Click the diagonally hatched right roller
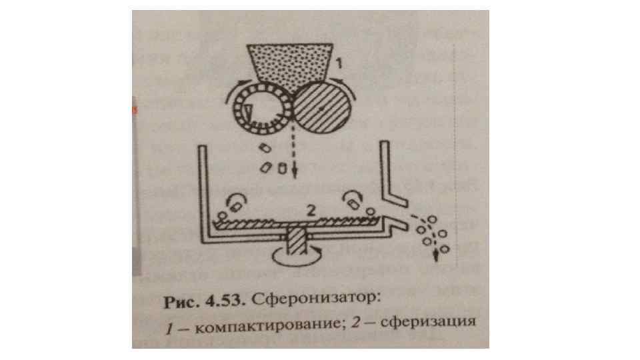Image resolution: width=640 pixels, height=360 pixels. point(322,108)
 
